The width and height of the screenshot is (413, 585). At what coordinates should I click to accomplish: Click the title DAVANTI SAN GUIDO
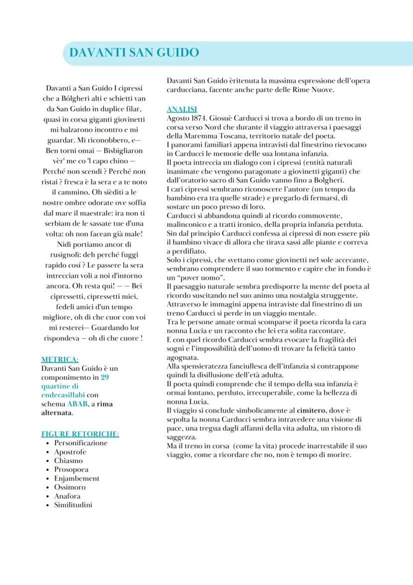click(134, 53)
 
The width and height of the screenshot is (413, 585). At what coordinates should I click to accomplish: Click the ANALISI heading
click(182, 109)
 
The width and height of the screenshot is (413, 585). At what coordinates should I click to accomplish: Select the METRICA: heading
click(59, 359)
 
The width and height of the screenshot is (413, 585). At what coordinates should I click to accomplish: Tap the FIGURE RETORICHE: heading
click(80, 434)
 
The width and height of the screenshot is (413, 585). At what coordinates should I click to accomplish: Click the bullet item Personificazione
click(80, 443)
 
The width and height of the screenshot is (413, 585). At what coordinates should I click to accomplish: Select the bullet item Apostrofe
click(70, 452)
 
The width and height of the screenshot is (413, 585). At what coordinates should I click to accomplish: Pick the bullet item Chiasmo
click(68, 461)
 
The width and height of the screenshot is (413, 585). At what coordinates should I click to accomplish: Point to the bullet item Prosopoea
click(72, 469)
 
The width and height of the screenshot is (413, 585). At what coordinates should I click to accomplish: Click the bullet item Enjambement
click(76, 478)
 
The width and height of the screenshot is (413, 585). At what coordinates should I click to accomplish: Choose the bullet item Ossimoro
click(69, 487)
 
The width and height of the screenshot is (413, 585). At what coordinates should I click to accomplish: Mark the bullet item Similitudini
click(73, 505)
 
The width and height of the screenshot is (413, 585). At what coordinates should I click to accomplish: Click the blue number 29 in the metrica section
click(105, 377)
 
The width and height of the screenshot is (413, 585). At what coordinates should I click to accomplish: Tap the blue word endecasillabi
click(62, 395)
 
